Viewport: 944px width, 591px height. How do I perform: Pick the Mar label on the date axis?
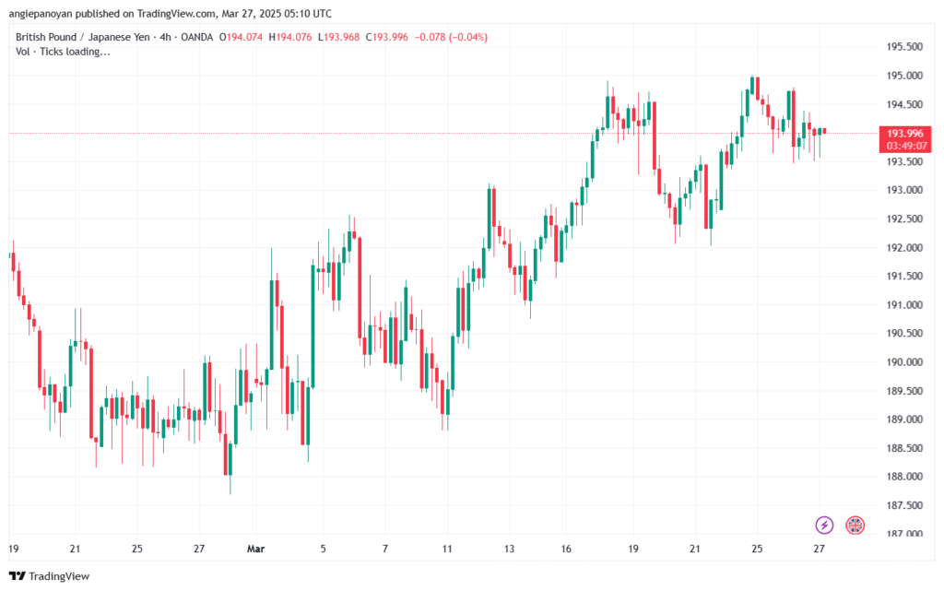[x=256, y=549]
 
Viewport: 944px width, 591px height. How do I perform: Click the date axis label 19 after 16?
[x=633, y=549]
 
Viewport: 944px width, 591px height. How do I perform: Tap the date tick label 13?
[x=510, y=549]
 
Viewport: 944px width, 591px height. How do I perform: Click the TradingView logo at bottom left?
[x=46, y=576]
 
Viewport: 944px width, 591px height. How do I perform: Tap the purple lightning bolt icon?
[x=824, y=525]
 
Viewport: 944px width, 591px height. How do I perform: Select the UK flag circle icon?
[x=855, y=525]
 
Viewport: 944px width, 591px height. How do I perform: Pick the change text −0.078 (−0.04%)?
[x=453, y=37]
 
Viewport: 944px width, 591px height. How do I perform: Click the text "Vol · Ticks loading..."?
[x=64, y=52]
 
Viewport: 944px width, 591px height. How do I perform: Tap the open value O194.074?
[x=236, y=37]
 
